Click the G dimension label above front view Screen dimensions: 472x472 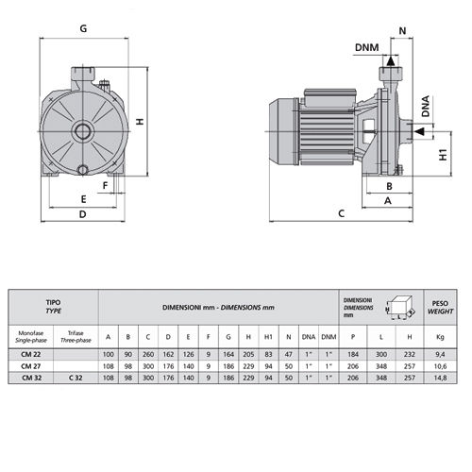tap(83, 28)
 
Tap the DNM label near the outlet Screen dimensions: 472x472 tap(366, 47)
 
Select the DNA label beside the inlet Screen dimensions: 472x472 tap(426, 106)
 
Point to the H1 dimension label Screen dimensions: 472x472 tap(443, 155)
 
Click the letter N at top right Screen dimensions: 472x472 tap(402, 31)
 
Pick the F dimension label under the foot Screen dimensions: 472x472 tap(106, 185)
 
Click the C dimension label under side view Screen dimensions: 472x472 tap(342, 213)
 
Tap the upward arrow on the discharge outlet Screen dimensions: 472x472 tap(391, 60)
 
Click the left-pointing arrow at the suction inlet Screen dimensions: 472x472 tap(419, 131)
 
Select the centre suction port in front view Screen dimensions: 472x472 tap(83, 131)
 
